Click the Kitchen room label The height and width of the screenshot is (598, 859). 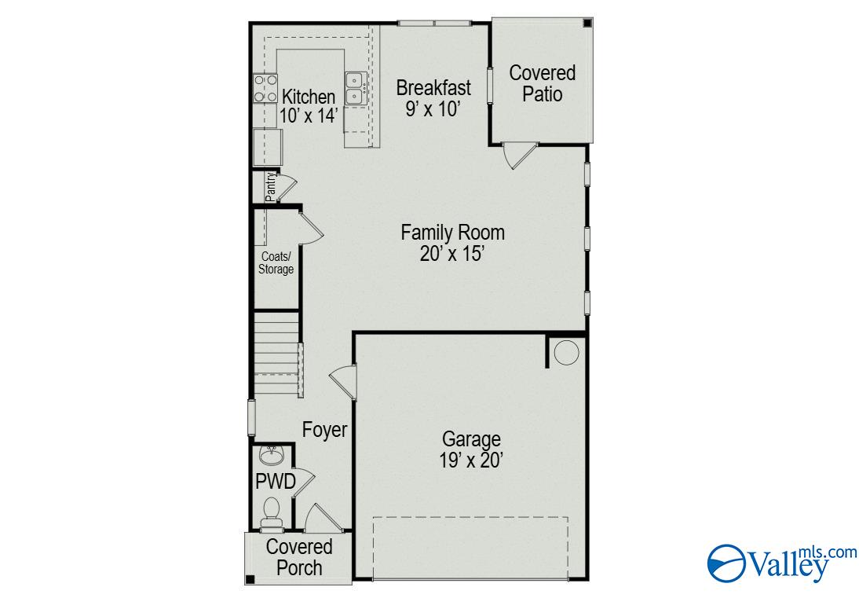(x=309, y=105)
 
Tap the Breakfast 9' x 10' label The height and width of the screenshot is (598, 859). (x=433, y=97)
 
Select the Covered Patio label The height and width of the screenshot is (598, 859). (x=542, y=83)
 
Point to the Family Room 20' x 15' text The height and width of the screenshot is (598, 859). (x=452, y=243)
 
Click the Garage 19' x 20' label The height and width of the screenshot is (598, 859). (x=470, y=449)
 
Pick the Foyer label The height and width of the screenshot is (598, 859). (x=325, y=431)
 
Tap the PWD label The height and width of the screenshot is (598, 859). (x=275, y=482)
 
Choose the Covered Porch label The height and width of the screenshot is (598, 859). (x=298, y=556)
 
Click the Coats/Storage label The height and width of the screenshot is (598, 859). (x=276, y=263)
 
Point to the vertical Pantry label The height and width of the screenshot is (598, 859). (x=270, y=187)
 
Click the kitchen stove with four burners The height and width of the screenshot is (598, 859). (x=265, y=88)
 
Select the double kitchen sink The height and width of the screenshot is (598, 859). (x=355, y=87)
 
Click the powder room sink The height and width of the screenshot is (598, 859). (x=272, y=454)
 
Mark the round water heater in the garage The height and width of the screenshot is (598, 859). (x=565, y=353)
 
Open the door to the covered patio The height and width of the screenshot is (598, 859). (x=517, y=154)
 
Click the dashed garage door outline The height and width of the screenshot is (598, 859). (x=470, y=548)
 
